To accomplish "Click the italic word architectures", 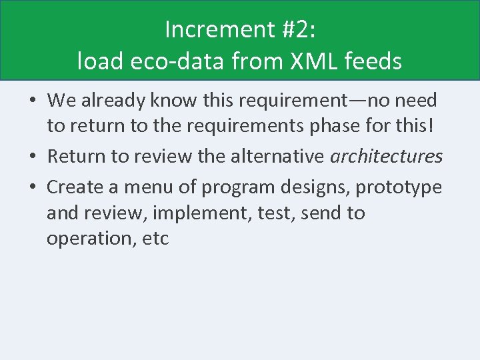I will pos(386,157).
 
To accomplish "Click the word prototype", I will pos(398,187).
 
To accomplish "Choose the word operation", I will pos(88,239).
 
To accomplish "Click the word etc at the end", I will pos(156,239).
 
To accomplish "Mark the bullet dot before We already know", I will pos(33,101).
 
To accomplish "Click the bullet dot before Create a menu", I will pos(33,188).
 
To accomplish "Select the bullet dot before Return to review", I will pos(33,157).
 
